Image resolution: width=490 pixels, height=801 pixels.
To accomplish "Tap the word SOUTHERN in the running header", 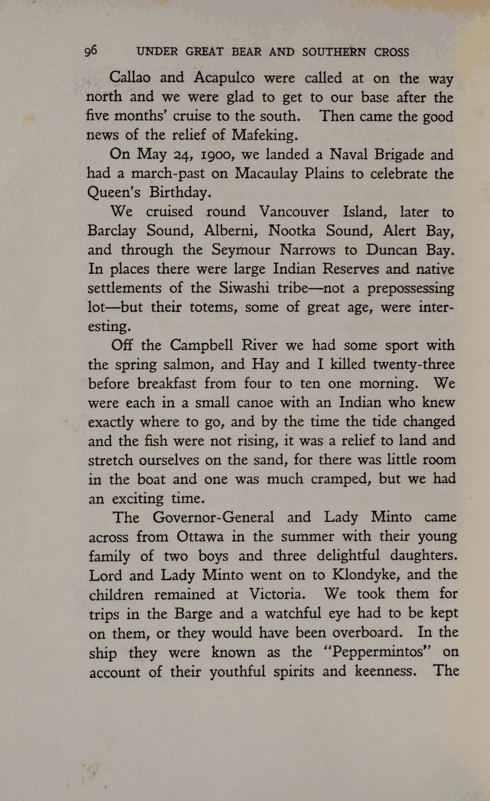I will click(x=333, y=52).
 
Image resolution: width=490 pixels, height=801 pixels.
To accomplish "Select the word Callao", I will click(x=130, y=77).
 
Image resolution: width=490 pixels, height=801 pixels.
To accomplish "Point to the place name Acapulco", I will click(x=224, y=78).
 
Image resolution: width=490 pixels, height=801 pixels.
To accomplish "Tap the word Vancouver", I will click(x=293, y=212).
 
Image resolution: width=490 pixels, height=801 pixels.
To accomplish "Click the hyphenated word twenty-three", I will click(x=413, y=364).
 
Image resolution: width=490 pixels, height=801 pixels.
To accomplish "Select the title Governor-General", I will click(x=213, y=517).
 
